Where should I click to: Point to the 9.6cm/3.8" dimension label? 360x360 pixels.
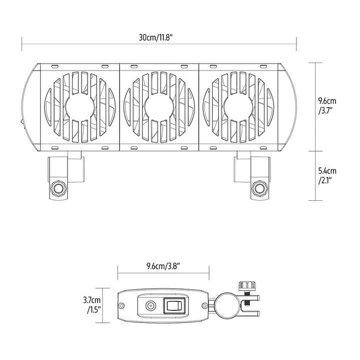(163, 265)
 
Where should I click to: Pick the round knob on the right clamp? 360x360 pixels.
(259, 189)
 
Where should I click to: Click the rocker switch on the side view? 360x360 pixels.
(174, 305)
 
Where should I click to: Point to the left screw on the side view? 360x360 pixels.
(122, 306)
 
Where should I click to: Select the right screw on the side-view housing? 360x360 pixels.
(204, 306)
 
